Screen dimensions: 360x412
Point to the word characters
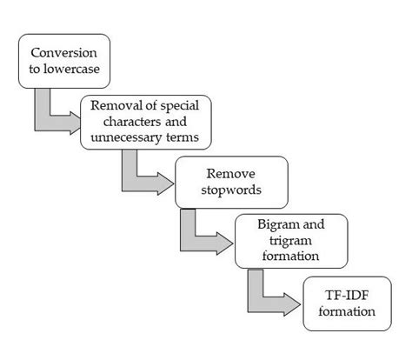tap(124, 122)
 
